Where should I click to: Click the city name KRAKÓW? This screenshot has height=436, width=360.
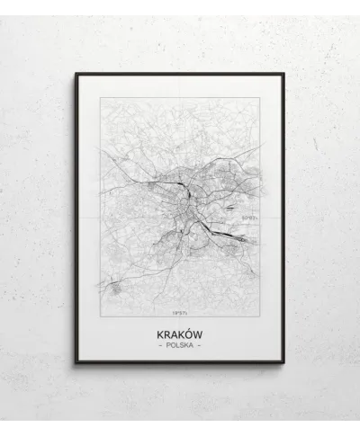179,333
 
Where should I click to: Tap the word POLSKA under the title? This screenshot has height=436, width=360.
179,345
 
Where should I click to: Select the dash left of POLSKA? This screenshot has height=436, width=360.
158,345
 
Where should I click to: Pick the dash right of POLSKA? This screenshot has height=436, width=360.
200,345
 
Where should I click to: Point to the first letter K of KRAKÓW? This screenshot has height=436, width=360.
159,333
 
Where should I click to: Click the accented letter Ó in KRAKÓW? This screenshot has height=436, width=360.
187,333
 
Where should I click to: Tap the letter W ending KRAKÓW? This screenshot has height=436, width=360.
198,333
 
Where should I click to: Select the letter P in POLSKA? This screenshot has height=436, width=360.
166,345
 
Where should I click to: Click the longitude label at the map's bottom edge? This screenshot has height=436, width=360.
179,313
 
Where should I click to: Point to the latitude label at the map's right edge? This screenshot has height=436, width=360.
249,217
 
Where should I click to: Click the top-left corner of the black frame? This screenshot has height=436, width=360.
76,75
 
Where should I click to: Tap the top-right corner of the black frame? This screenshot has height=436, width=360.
283,75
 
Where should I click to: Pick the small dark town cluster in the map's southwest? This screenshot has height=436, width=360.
115,288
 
